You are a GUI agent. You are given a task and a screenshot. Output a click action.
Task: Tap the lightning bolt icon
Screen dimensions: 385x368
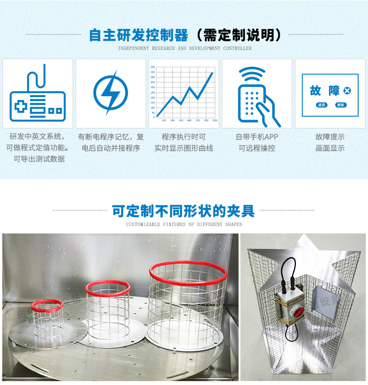pyautogui.click(x=111, y=92)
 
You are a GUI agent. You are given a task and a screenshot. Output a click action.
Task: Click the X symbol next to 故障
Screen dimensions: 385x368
pyautogui.click(x=347, y=91)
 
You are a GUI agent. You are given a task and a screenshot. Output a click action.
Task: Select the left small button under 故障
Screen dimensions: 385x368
pyautogui.click(x=321, y=105)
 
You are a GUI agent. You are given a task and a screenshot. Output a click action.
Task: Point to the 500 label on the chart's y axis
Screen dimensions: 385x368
pyautogui.click(x=152, y=67)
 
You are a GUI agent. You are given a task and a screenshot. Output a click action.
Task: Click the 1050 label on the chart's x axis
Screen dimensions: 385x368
pyautogui.click(x=215, y=120)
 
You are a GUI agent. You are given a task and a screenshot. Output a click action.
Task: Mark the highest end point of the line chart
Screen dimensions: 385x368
pyautogui.click(x=212, y=73)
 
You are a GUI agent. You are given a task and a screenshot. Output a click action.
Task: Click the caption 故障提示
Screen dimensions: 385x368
pyautogui.click(x=330, y=137)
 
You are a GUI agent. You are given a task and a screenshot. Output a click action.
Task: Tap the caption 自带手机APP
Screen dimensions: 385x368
pyautogui.click(x=257, y=137)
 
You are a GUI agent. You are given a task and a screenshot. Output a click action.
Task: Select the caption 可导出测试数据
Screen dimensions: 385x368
pyautogui.click(x=39, y=159)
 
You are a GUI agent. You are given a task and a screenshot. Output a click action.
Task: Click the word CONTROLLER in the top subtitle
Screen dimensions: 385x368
pyautogui.click(x=237, y=49)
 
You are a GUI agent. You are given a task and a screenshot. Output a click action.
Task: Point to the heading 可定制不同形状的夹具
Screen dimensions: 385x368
pyautogui.click(x=184, y=211)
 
